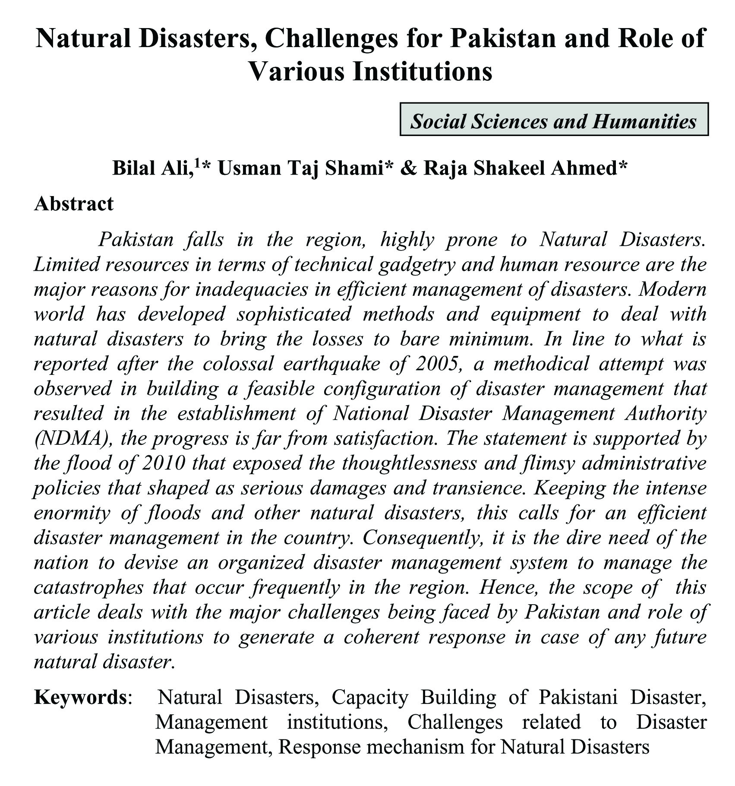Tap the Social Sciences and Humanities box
click(x=554, y=120)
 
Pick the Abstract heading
click(x=74, y=203)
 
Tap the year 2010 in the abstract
click(x=164, y=463)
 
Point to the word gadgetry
click(x=416, y=265)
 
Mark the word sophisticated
click(x=294, y=314)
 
